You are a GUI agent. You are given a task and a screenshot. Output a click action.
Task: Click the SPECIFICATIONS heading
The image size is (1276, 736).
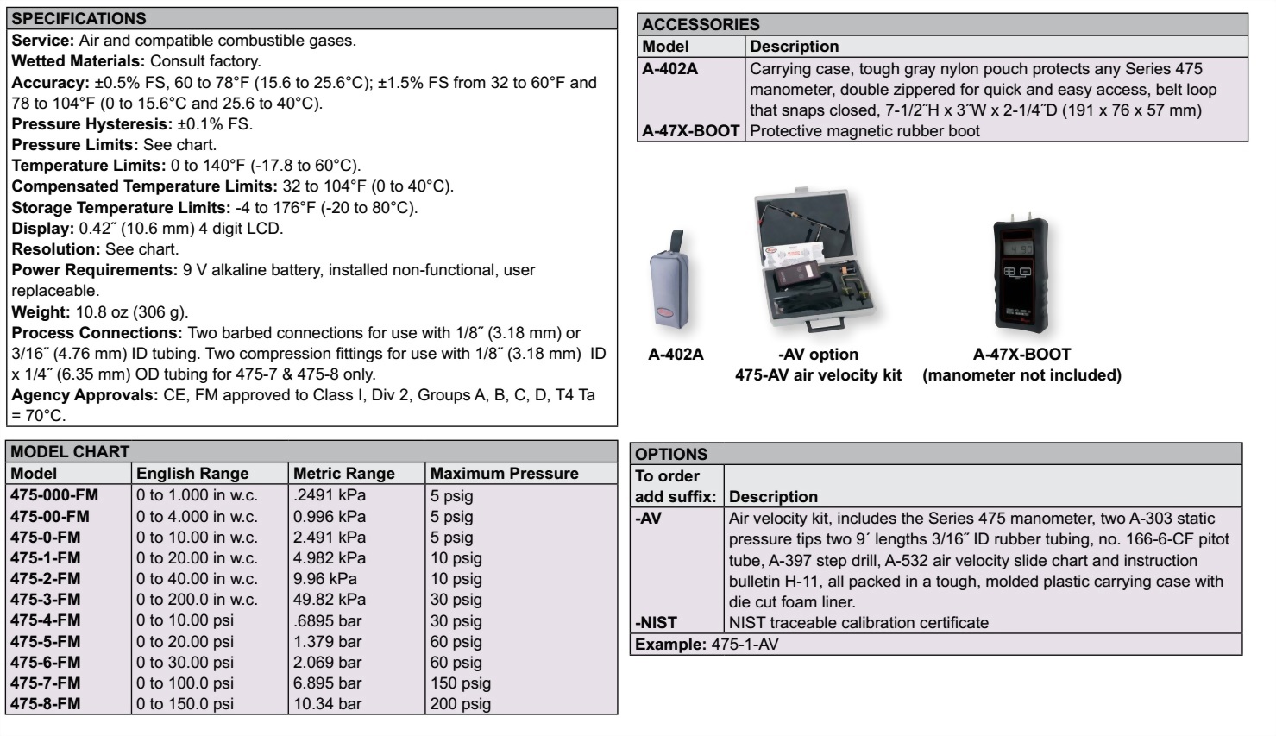pos(79,18)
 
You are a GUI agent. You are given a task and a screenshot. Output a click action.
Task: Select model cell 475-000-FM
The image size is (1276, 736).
pos(54,495)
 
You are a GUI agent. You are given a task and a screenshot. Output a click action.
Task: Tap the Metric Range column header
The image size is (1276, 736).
pos(343,474)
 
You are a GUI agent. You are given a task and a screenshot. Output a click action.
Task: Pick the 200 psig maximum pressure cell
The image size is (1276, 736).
pos(461,704)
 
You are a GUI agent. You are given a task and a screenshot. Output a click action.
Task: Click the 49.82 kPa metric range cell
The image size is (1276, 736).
pos(330,600)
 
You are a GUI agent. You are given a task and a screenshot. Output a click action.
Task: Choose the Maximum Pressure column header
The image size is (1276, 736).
pos(504,474)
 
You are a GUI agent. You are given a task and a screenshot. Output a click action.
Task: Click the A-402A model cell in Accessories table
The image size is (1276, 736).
pos(670,69)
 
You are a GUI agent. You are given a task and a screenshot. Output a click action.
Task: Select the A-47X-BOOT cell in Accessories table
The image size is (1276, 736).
pos(691,131)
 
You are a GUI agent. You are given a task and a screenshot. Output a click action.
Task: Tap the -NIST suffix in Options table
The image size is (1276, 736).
pos(657,623)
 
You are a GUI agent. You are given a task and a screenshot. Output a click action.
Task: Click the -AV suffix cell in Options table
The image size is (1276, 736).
pos(649,519)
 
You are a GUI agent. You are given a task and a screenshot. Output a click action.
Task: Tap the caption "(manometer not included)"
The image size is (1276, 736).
pos(1021,375)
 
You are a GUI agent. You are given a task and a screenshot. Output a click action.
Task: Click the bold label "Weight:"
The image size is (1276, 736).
pos(40,312)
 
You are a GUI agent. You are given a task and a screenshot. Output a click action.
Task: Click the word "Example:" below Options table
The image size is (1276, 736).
pos(670,645)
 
